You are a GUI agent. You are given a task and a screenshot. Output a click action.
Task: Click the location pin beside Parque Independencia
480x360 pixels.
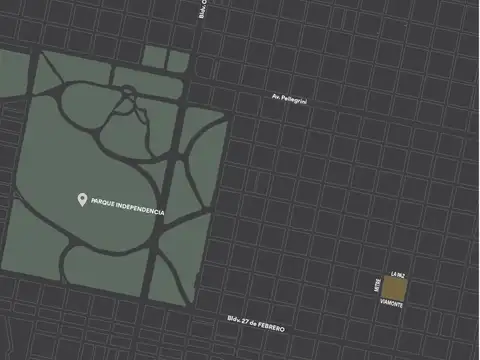tap(82, 200)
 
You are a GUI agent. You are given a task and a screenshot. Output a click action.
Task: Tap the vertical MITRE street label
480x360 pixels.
tap(377, 287)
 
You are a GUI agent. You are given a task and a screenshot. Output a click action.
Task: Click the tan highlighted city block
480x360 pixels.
tap(396, 289)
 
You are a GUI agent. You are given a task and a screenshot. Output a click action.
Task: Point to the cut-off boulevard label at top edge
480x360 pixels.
tap(201, 9)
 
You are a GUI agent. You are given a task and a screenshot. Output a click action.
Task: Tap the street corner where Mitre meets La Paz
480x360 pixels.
tap(387, 277)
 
